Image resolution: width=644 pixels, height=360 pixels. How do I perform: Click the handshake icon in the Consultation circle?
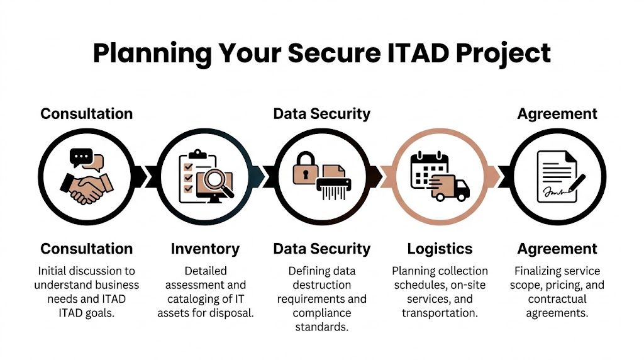point(87,186)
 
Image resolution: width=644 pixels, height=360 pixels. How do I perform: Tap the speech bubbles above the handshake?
point(86,160)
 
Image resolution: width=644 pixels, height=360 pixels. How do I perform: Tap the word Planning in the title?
point(152,53)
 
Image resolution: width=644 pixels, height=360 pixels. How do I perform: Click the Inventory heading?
point(205,249)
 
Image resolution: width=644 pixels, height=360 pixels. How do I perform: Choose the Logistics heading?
point(440,249)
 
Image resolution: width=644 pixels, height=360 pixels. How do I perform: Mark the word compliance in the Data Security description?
point(321,313)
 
